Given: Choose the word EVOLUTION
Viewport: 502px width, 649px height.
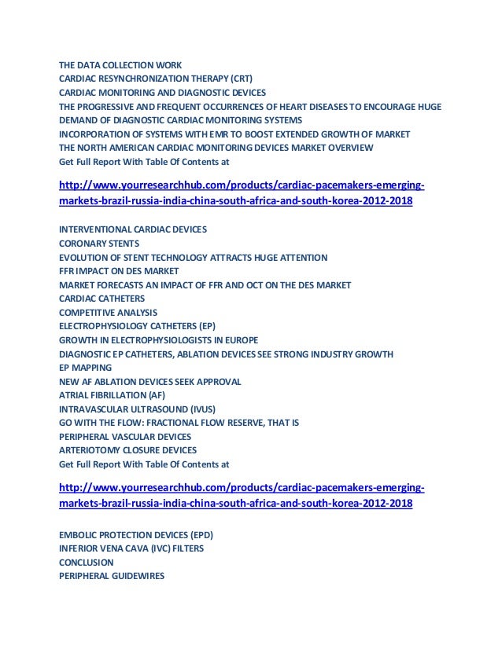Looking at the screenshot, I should pos(84,257).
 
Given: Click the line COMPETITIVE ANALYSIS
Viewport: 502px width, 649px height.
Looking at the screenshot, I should pos(108,312).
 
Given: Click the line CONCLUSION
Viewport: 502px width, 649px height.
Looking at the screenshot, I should pos(86,563).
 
